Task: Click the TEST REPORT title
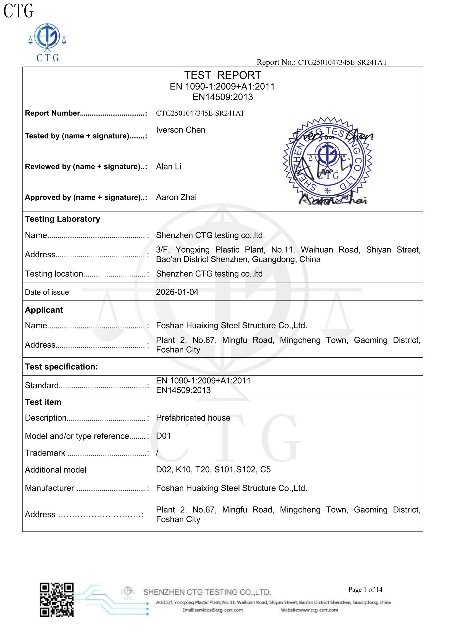click(x=223, y=75)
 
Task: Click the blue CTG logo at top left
click(x=48, y=42)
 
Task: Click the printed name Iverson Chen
click(x=181, y=130)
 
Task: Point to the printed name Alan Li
click(x=168, y=166)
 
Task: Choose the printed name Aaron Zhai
click(x=176, y=197)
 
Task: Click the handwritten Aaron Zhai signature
click(x=333, y=199)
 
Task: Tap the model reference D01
click(x=163, y=436)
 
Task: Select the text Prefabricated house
click(x=193, y=418)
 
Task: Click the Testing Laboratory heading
click(x=63, y=219)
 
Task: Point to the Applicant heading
click(x=44, y=310)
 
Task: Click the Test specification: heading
click(x=61, y=367)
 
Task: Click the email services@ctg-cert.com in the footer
click(x=213, y=610)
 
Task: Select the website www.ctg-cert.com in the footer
click(x=309, y=610)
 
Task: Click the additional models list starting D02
click(x=213, y=470)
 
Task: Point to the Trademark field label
click(x=45, y=453)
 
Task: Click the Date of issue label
click(x=47, y=292)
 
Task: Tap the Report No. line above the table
click(x=321, y=62)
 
